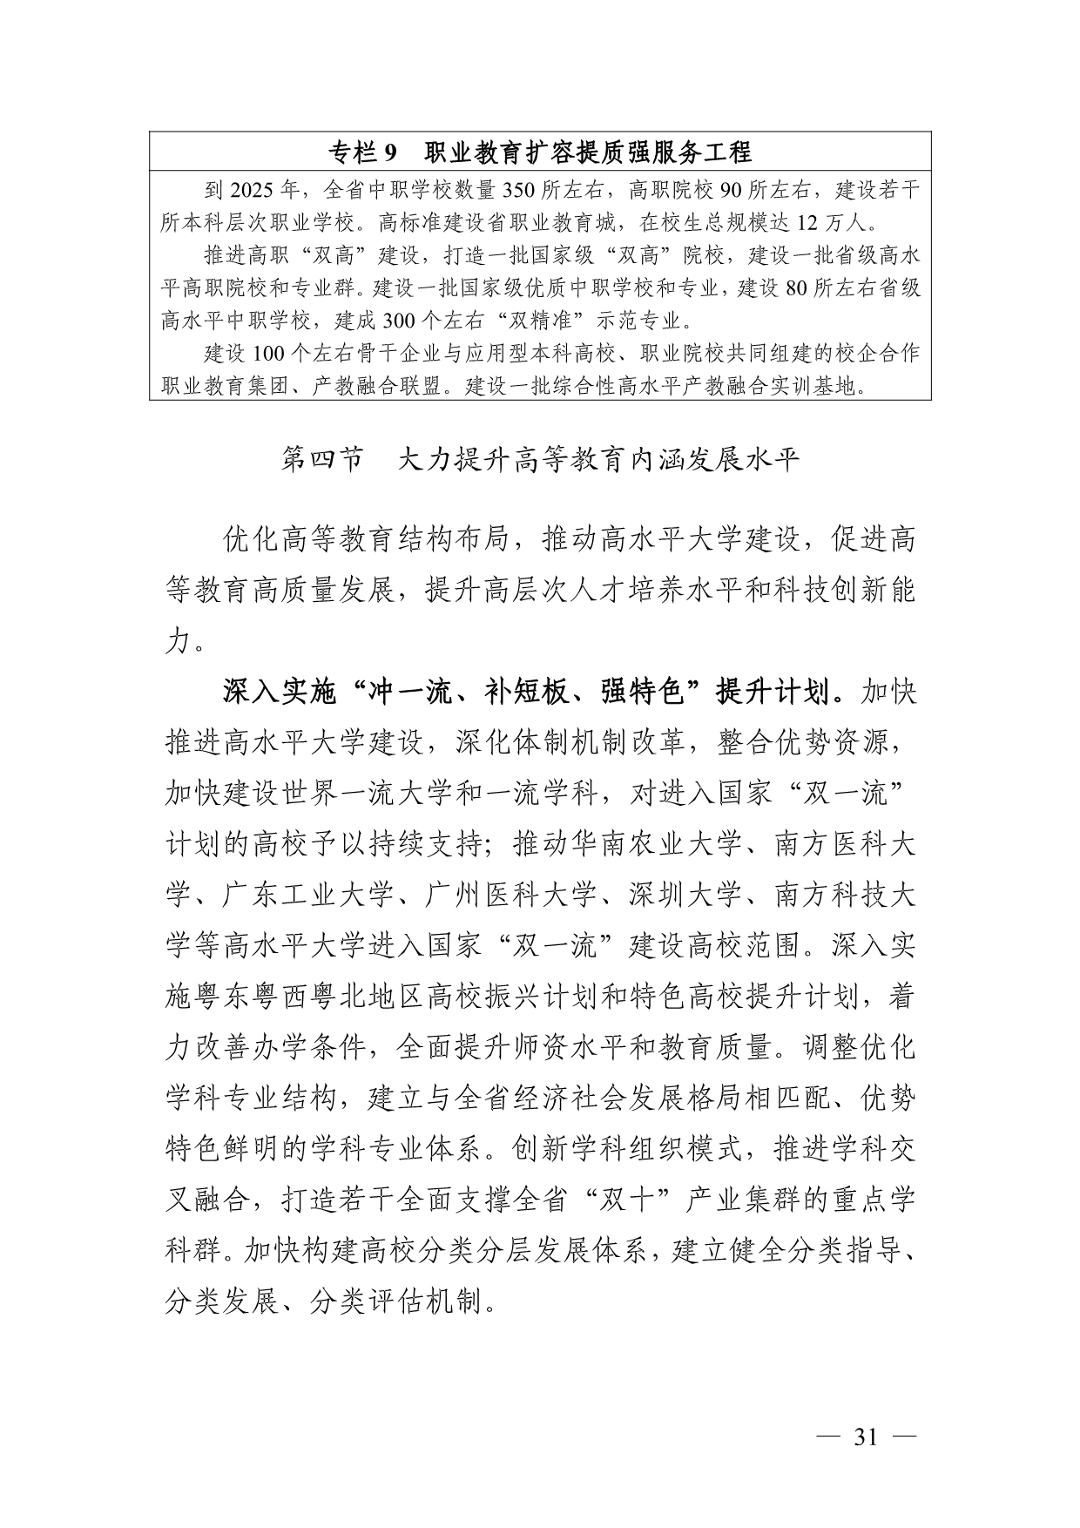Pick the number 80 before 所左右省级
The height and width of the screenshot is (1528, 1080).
pos(798,288)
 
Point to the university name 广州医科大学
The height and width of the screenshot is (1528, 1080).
pos(511,894)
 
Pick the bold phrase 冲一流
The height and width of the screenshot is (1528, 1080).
pos(411,692)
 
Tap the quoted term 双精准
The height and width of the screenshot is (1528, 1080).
pos(540,321)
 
